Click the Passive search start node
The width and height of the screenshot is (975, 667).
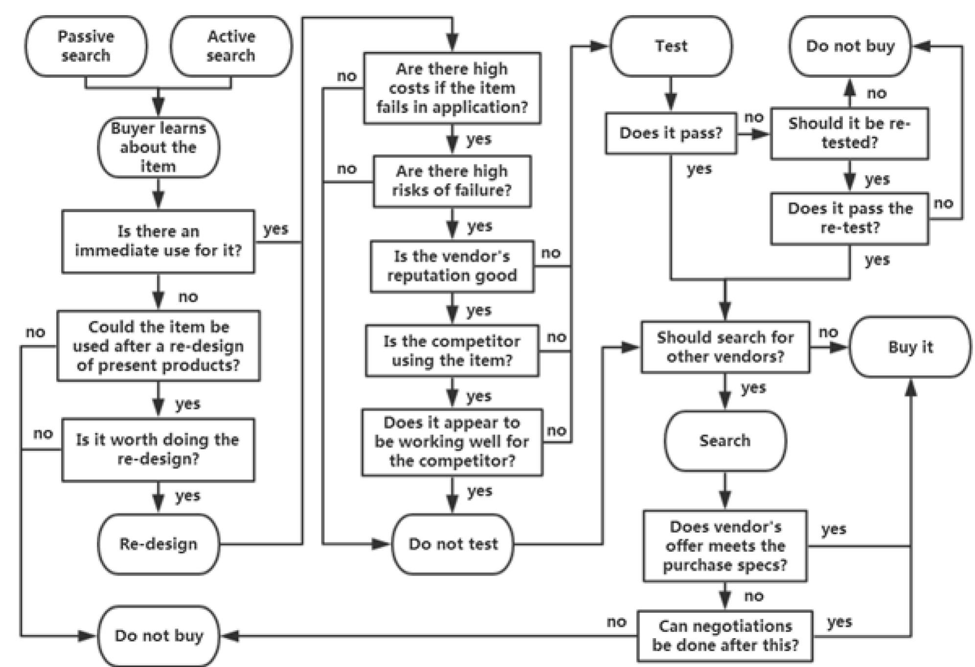click(x=86, y=46)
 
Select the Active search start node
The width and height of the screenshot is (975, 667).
click(x=231, y=46)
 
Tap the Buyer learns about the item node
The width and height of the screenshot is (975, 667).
click(x=159, y=147)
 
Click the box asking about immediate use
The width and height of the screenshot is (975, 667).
click(x=158, y=241)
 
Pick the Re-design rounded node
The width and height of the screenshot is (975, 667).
click(x=159, y=544)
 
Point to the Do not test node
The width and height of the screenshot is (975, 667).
click(x=453, y=544)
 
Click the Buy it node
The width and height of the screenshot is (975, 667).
click(x=910, y=347)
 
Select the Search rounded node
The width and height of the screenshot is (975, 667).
click(x=725, y=441)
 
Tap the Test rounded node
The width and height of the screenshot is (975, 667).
click(x=671, y=46)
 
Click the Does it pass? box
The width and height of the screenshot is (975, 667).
click(x=671, y=133)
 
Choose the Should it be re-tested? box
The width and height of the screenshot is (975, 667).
click(x=849, y=133)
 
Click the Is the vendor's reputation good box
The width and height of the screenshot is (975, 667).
click(x=452, y=266)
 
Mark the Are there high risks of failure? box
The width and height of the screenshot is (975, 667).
click(x=452, y=181)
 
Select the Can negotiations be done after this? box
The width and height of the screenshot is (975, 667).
click(x=725, y=636)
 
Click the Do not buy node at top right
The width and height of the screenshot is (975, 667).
click(x=850, y=46)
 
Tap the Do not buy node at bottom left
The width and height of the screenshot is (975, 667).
click(x=159, y=636)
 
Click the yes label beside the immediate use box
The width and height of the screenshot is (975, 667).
click(x=276, y=229)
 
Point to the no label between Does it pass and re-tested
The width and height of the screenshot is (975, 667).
click(x=754, y=117)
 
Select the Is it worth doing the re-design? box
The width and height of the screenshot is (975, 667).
click(x=158, y=449)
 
